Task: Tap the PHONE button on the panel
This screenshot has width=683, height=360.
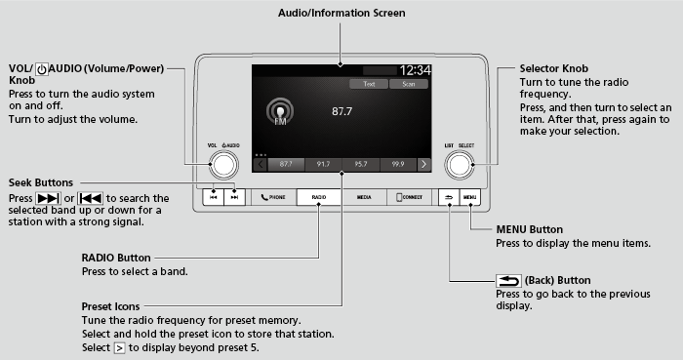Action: pyautogui.click(x=273, y=196)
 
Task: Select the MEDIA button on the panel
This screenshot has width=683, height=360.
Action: pyautogui.click(x=364, y=196)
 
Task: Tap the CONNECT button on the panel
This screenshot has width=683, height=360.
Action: pyautogui.click(x=409, y=196)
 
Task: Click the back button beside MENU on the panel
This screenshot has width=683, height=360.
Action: pyautogui.click(x=448, y=196)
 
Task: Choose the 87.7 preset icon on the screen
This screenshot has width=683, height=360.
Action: pyautogui.click(x=286, y=165)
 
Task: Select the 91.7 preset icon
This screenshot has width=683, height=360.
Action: pyautogui.click(x=323, y=165)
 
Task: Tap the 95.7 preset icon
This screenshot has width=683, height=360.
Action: pyautogui.click(x=360, y=165)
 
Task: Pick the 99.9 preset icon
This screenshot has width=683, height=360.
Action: pyautogui.click(x=397, y=165)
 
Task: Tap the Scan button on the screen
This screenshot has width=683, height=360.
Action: pyautogui.click(x=409, y=85)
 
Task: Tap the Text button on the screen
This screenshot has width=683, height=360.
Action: pyautogui.click(x=369, y=85)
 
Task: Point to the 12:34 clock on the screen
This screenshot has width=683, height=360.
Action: pyautogui.click(x=416, y=70)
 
